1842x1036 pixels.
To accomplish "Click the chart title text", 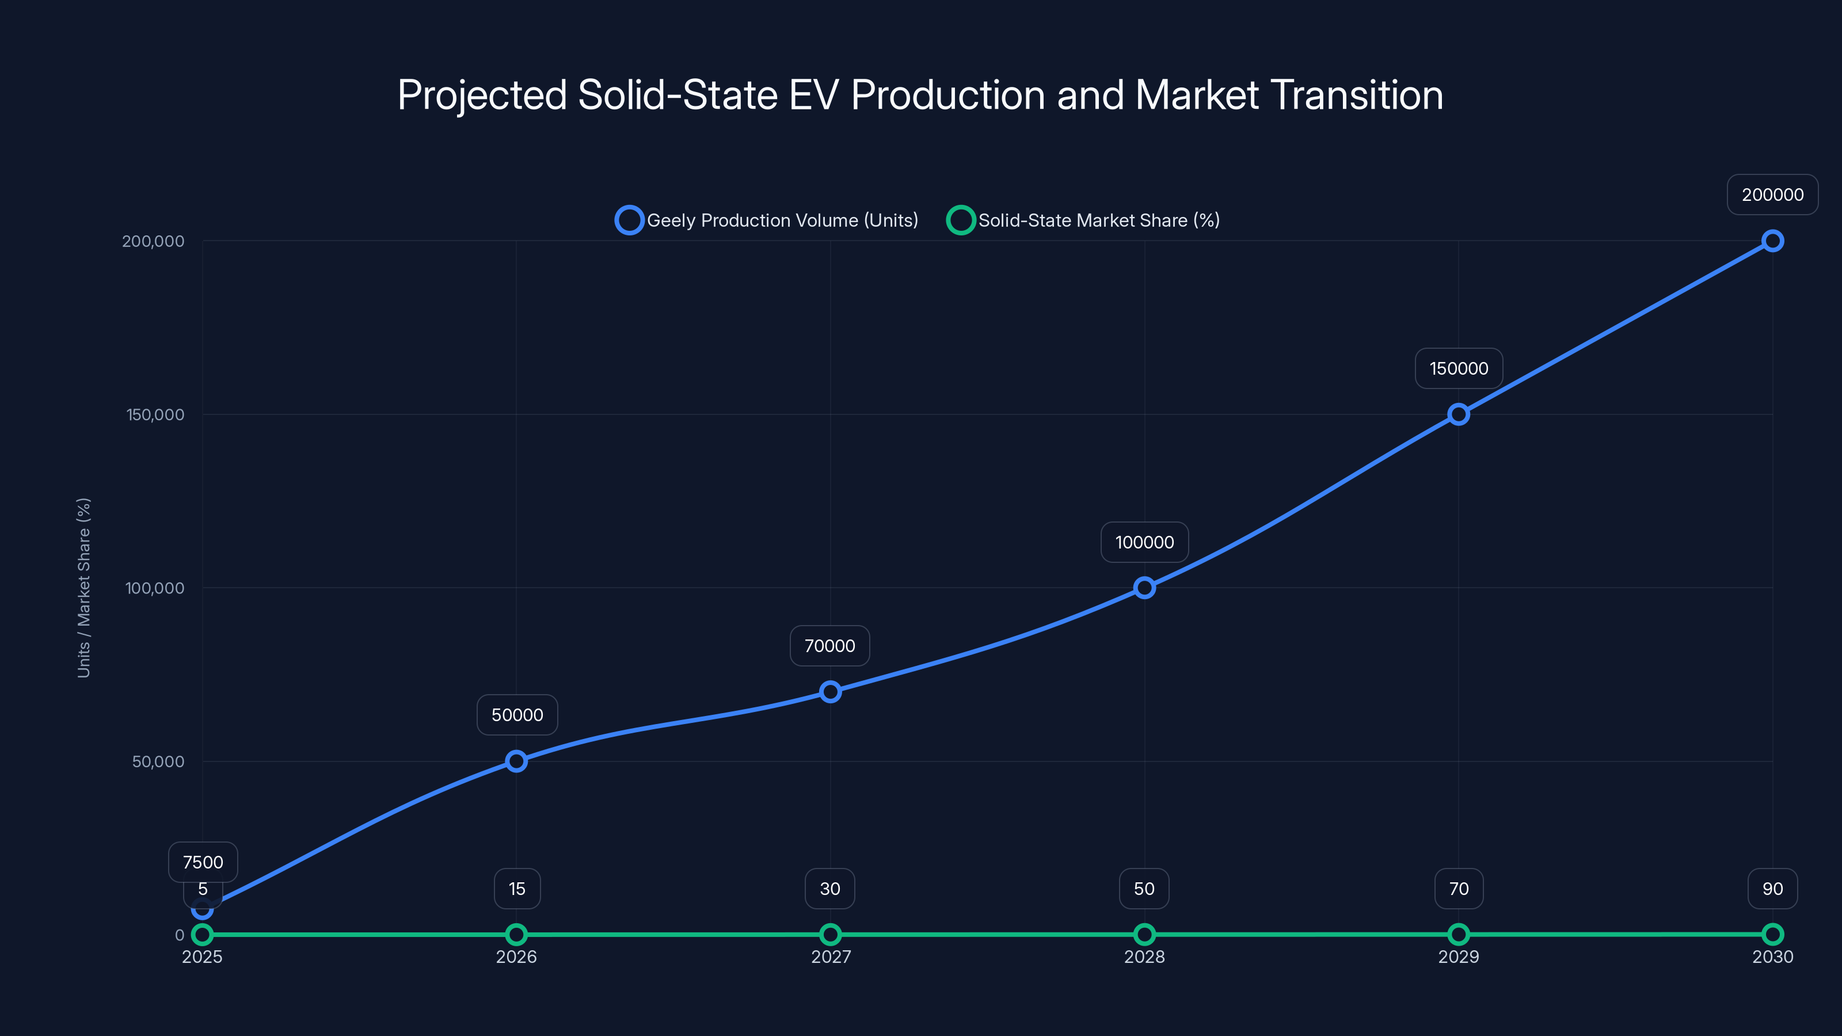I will [920, 95].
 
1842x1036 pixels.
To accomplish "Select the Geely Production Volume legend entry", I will [767, 220].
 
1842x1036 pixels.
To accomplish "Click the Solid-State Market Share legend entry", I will [1083, 220].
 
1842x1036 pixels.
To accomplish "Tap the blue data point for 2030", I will [1772, 241].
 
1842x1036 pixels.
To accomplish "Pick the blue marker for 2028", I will [1144, 588].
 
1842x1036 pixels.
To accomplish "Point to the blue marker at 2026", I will [516, 761].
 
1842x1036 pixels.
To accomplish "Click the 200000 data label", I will [1772, 195].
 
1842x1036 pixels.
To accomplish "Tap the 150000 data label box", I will [1458, 368].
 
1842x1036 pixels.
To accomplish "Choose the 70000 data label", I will [829, 646].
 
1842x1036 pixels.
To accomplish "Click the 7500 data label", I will [203, 862].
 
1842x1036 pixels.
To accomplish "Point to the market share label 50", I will [1144, 889].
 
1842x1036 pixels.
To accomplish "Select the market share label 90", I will [1772, 889].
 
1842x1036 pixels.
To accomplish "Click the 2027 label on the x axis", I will [830, 957].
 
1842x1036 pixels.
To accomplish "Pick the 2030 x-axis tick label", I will [1772, 957].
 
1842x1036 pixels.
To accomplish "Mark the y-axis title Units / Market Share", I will [83, 588].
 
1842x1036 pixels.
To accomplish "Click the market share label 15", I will [517, 889].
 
